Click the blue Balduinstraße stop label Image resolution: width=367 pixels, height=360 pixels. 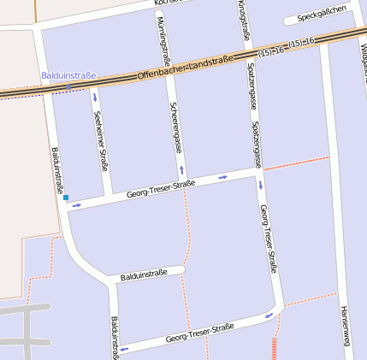point(69,75)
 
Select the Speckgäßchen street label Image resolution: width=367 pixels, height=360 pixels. point(322,14)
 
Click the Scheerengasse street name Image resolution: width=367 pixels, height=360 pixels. point(175,129)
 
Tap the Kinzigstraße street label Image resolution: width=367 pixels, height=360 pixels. point(244,21)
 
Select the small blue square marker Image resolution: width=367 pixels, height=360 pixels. point(65,198)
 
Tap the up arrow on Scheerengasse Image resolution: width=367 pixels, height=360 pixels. point(181,169)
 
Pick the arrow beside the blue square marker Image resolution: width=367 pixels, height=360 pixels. point(77,205)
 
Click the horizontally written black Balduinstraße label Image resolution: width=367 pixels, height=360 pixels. point(143,274)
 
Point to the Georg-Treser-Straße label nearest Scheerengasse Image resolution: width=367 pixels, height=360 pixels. point(161,189)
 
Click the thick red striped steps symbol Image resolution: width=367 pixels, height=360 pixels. point(274,349)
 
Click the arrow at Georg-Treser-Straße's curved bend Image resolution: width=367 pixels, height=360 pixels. point(270,315)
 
